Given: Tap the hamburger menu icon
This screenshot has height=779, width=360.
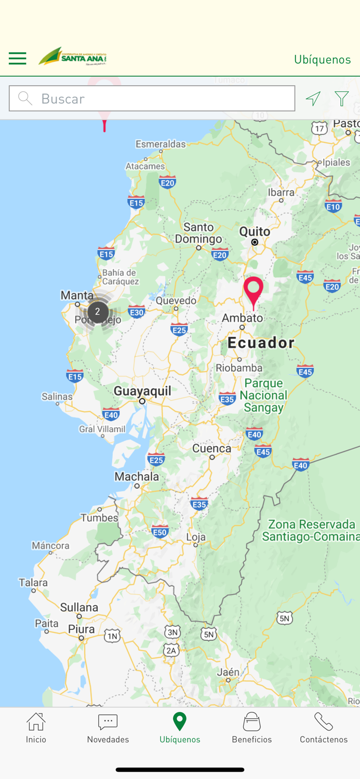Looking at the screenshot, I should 17,58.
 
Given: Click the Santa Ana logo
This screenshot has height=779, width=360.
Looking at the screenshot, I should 73,57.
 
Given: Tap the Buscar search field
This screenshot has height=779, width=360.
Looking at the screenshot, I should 152,99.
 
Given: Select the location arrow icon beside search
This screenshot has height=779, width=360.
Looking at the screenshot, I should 313,98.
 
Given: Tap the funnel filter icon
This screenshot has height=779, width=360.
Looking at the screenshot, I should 341,98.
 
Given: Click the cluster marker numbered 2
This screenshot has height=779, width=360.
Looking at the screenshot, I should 98,312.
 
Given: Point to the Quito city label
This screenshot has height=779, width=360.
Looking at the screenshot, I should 255,232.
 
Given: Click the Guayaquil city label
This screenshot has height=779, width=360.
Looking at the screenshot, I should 142,391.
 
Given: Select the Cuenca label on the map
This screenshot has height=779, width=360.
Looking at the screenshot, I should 211,448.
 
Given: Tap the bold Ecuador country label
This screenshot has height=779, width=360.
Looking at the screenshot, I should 261,343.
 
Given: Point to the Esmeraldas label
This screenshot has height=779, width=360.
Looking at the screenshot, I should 161,144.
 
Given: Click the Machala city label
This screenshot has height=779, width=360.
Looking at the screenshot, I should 137,476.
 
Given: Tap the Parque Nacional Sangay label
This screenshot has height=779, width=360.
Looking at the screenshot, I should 264,395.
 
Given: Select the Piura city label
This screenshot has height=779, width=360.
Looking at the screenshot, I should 82,629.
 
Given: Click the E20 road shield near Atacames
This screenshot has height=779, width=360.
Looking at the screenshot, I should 167,182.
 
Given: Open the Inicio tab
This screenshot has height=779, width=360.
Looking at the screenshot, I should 36,728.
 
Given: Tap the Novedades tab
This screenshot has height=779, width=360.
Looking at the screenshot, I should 108,728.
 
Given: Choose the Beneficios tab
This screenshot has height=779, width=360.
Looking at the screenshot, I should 251,728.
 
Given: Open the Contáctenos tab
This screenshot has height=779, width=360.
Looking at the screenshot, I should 323,728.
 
